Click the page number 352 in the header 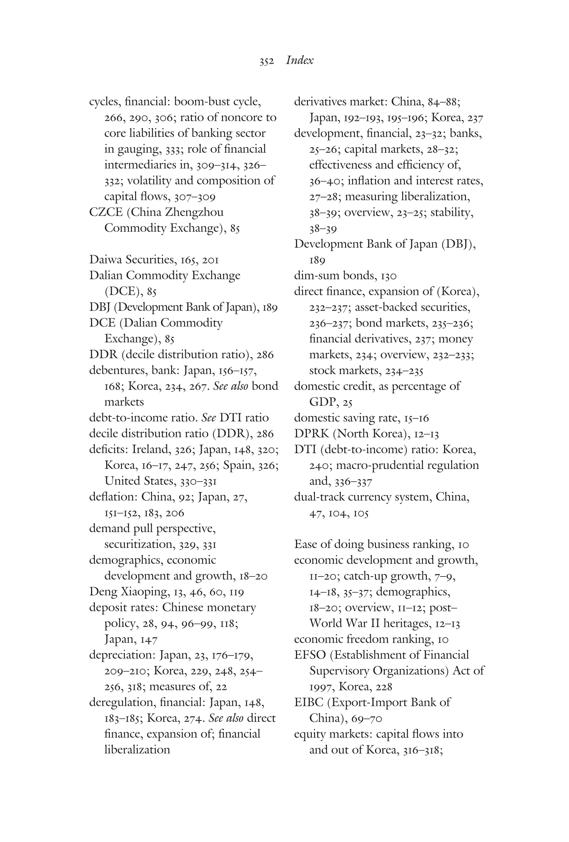click(x=266, y=61)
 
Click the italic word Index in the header click(x=299, y=60)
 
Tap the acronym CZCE click(x=107, y=212)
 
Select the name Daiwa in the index click(x=105, y=260)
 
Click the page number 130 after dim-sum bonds click(x=388, y=276)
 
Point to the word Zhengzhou click(x=194, y=212)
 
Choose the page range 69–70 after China click(x=367, y=719)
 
